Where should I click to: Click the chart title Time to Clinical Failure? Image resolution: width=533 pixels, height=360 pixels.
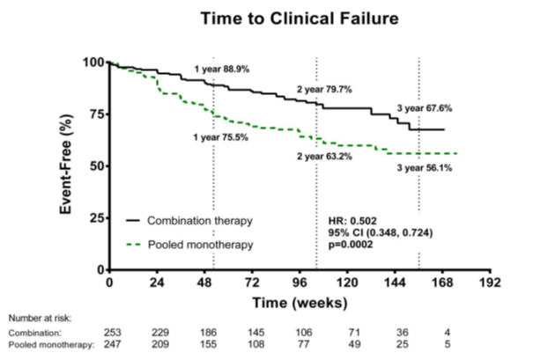coord(300,18)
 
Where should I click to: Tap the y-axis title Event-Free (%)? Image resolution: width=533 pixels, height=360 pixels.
coord(65,165)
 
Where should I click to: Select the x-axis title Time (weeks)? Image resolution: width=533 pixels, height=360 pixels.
coord(300,303)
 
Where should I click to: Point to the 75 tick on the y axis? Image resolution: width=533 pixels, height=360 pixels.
coord(97,114)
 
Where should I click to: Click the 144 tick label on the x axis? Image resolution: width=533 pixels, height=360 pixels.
coord(395,283)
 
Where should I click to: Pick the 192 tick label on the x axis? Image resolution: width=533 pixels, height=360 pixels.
coord(490,283)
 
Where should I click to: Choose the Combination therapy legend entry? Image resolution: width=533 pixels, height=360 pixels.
coord(189,221)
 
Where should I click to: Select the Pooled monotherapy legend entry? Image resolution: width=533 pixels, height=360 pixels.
coord(189,245)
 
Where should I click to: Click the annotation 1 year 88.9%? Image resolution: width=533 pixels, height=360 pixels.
coord(222,70)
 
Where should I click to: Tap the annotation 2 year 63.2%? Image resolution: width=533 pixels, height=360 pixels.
coord(324,157)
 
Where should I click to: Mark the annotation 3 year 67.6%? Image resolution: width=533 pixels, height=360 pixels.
coord(425,108)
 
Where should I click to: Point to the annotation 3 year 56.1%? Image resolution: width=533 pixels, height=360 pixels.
coord(425,168)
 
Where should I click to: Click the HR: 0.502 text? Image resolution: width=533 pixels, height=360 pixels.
coord(352,221)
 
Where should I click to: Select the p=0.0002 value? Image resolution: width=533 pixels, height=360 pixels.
coord(351,245)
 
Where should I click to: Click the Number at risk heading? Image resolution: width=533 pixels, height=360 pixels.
coord(41,319)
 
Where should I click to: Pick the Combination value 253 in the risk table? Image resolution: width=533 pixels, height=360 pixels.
coord(113,333)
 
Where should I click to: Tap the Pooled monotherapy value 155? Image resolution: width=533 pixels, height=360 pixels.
coord(208,344)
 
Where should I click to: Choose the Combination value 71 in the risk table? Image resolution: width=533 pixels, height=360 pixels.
coord(354,333)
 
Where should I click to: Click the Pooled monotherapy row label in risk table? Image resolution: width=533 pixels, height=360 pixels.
coord(51,345)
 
